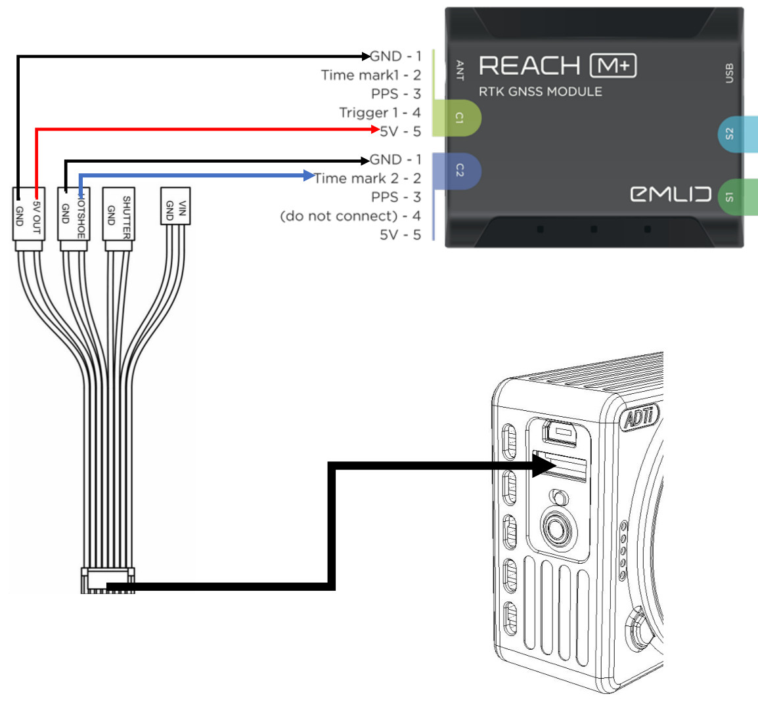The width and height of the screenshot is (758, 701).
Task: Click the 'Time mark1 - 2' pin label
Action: (370, 75)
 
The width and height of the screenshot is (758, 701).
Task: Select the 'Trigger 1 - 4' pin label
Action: (380, 112)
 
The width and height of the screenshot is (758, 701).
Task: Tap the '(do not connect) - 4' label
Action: (350, 216)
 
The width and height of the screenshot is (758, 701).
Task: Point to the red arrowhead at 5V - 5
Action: (375, 130)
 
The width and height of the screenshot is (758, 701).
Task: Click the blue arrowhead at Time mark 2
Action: (309, 175)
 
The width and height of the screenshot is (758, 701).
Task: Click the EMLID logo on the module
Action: (670, 194)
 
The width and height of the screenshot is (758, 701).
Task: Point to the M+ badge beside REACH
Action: (613, 66)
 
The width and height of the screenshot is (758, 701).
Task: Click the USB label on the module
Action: (728, 73)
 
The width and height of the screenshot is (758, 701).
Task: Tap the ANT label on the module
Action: (460, 70)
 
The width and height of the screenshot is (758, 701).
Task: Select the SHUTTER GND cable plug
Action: (118, 219)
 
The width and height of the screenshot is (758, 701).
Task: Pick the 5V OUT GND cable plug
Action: (28, 219)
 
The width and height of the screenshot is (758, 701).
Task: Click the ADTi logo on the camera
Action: (639, 417)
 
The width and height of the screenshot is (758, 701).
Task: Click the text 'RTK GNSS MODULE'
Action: (540, 92)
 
